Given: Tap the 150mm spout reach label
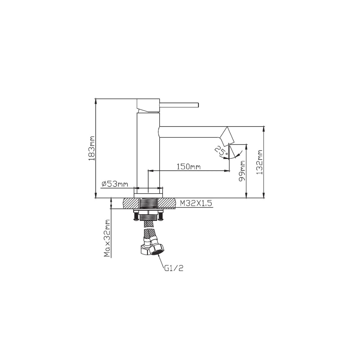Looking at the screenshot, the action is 188,166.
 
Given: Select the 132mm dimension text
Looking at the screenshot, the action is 259,162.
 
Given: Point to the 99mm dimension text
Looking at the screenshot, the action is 242,171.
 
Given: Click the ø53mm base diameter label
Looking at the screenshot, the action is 115,184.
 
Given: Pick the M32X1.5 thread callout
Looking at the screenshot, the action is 196,203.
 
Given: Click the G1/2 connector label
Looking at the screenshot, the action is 174,268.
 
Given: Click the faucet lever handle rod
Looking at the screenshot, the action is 179,105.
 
